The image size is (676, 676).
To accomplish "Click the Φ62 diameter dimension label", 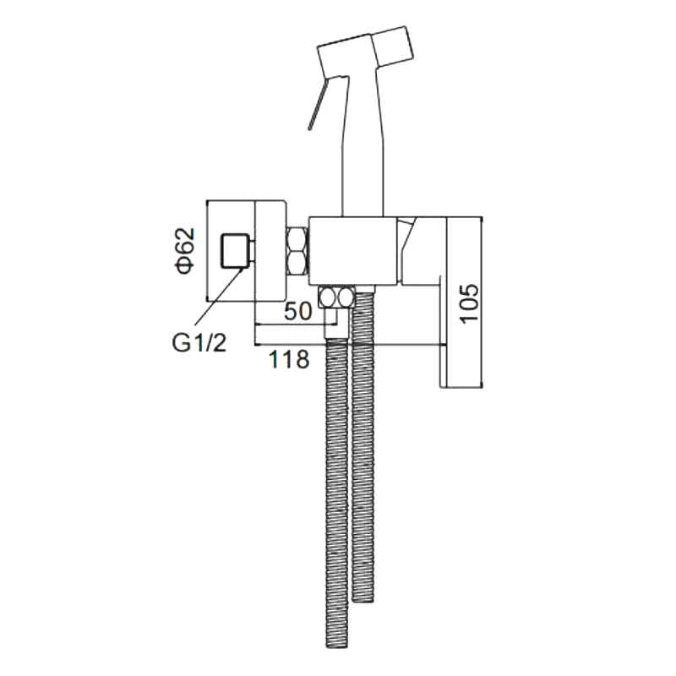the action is [185, 251].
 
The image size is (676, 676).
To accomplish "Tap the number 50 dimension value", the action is [298, 311].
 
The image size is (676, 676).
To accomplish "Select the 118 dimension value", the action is [289, 359].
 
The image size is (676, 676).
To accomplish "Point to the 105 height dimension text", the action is [470, 303].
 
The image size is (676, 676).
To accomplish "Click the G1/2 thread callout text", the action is [199, 344].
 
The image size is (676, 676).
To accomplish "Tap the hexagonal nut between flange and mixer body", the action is [298, 252].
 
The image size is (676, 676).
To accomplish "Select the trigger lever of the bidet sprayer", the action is [319, 102].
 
